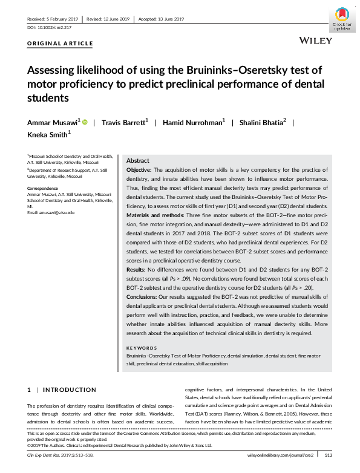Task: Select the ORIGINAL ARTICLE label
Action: [61, 44]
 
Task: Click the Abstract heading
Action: [139, 161]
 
